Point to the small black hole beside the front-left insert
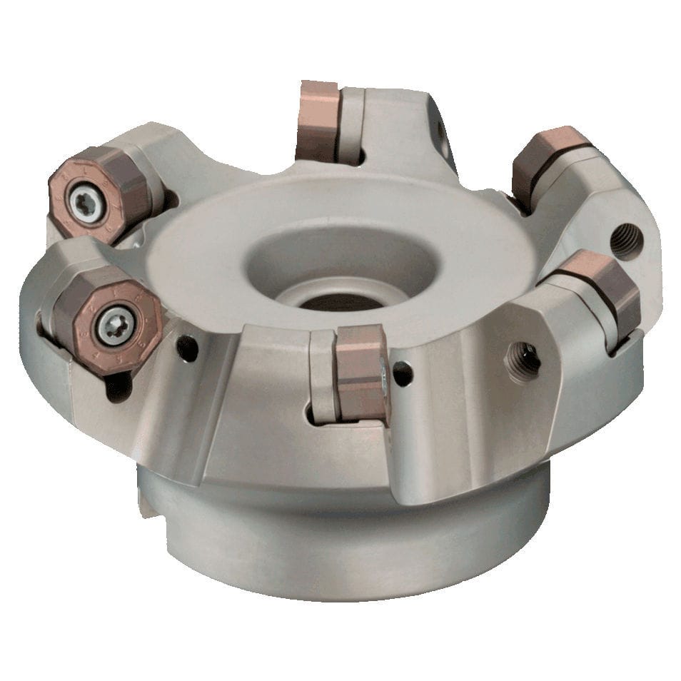click(x=187, y=348)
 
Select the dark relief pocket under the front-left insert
click(x=118, y=385)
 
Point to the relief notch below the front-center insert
click(x=312, y=414)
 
